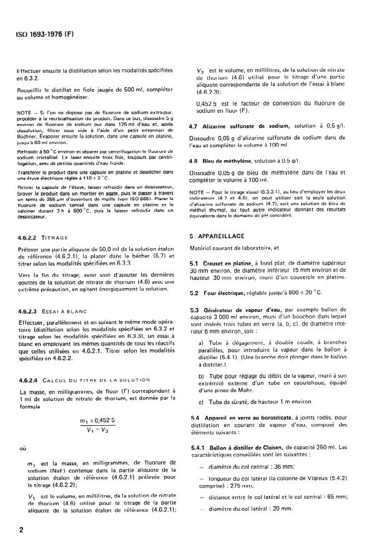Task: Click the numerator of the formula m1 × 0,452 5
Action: (x=93, y=421)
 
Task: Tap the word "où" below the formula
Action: (x=22, y=448)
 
